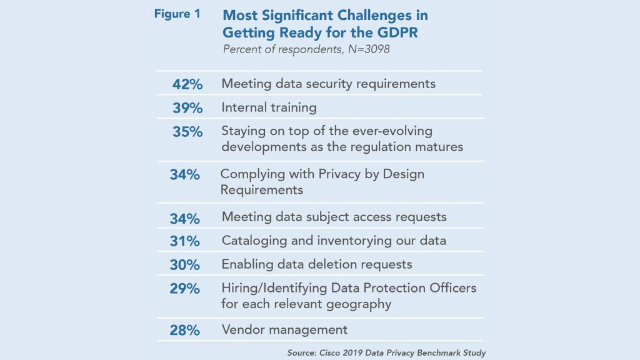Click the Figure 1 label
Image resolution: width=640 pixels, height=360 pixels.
click(x=177, y=14)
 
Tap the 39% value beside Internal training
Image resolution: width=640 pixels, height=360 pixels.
click(x=187, y=108)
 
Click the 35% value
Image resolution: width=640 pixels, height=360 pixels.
click(x=187, y=132)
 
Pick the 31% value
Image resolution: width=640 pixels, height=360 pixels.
click(x=184, y=241)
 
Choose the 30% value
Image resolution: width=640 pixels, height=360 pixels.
click(x=184, y=265)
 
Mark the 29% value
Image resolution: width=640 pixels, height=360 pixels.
click(x=184, y=289)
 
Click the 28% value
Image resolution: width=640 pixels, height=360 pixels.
click(x=184, y=330)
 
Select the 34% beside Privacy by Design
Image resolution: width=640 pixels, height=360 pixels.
click(x=184, y=175)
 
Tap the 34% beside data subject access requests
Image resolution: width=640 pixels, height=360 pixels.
click(x=184, y=219)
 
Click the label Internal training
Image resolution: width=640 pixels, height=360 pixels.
click(x=269, y=107)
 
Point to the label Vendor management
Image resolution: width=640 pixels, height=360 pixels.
click(x=284, y=329)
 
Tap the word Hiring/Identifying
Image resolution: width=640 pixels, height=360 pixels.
click(x=273, y=288)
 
